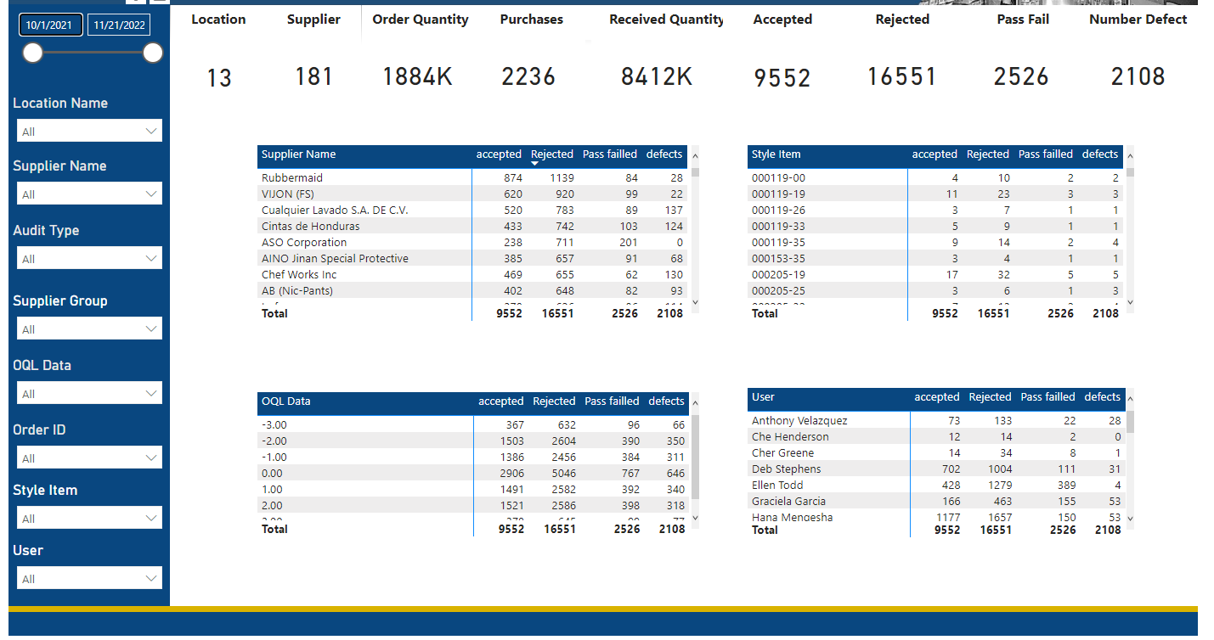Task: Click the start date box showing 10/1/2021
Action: [x=50, y=25]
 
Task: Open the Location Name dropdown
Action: [x=89, y=132]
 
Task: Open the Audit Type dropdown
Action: [x=89, y=259]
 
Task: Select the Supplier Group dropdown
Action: [x=89, y=329]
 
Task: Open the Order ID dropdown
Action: [x=89, y=458]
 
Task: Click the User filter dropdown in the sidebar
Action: [x=89, y=579]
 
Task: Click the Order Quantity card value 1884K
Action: [x=417, y=77]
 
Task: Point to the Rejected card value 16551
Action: [x=901, y=77]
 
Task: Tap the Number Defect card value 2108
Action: [x=1138, y=77]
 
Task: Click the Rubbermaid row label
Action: [x=292, y=178]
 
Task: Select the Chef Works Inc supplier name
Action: [x=299, y=275]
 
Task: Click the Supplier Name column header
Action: [x=299, y=154]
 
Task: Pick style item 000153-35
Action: [x=778, y=259]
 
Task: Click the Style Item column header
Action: [x=776, y=154]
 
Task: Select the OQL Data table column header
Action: [x=286, y=401]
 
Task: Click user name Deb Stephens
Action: [x=787, y=469]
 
